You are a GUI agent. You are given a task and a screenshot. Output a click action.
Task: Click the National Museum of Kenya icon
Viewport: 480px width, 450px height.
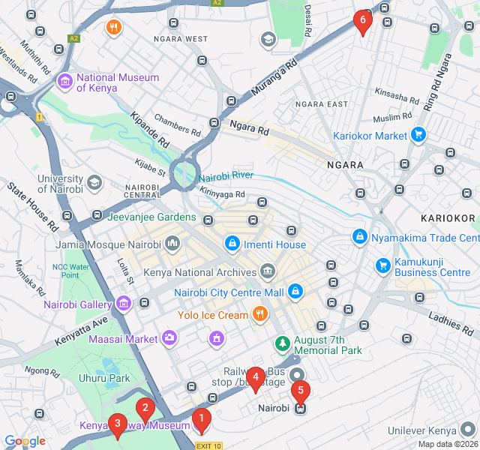point(64,81)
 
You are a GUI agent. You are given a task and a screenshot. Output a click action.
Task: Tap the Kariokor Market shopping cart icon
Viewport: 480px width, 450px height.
point(418,136)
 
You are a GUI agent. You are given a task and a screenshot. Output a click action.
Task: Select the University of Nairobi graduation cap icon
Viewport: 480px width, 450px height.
point(94,182)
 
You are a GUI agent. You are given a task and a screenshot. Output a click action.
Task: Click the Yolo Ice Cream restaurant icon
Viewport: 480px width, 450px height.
point(259,314)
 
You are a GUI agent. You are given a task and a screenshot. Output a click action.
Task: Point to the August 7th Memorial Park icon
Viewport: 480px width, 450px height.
point(283,343)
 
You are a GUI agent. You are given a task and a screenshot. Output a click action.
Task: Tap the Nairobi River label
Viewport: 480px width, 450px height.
point(226,176)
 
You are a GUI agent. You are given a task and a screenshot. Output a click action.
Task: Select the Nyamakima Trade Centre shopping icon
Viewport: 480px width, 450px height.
point(360,237)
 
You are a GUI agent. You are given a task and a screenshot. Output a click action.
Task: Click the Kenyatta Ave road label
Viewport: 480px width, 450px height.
point(81,331)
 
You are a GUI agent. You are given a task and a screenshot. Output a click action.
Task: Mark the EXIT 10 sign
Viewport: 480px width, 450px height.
point(208,445)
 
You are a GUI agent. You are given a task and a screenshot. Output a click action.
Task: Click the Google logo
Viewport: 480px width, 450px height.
point(25,441)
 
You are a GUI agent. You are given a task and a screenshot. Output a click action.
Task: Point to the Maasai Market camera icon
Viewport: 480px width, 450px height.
point(169,338)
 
